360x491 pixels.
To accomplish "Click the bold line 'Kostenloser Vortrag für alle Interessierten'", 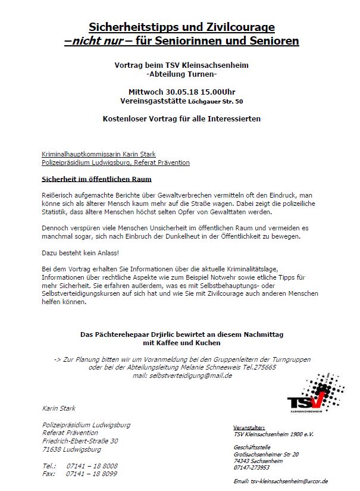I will (x=181, y=118).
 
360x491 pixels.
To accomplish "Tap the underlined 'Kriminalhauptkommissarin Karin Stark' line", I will (x=99, y=154).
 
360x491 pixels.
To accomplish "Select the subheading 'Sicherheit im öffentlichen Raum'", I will (x=96, y=179).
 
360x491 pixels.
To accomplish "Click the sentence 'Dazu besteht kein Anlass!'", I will (x=77, y=254).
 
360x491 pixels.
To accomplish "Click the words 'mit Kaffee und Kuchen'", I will (x=181, y=343).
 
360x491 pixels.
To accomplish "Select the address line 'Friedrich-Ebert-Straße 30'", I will (x=80, y=441).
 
